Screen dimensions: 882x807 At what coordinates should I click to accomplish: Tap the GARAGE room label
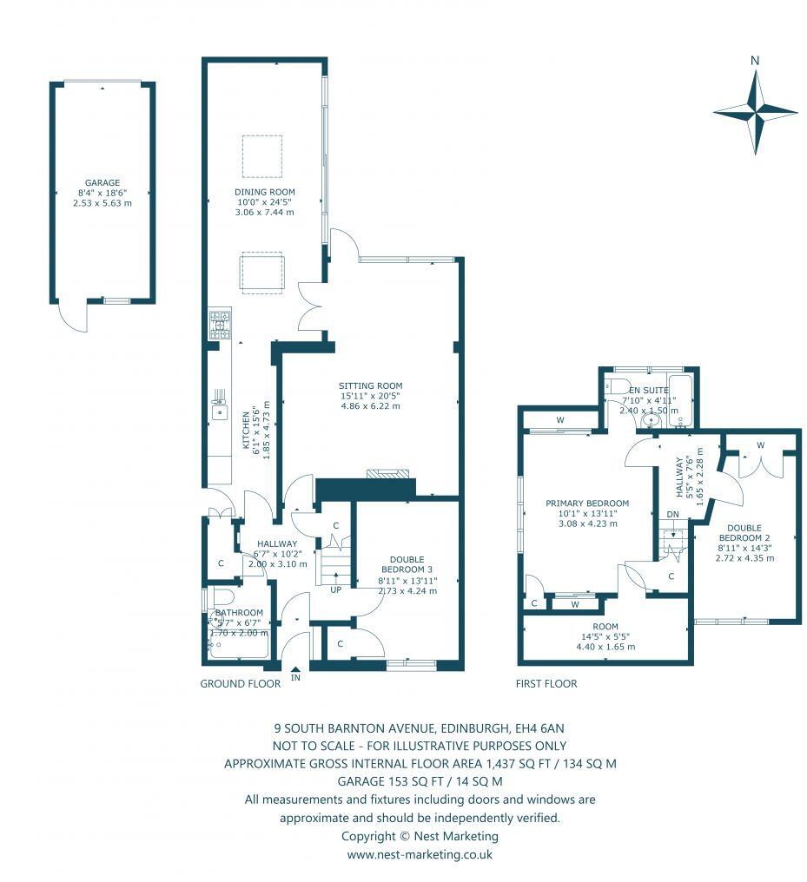coord(102,183)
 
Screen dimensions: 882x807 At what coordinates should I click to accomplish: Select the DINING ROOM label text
coord(265,192)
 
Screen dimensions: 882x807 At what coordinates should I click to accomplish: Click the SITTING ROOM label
coord(370,385)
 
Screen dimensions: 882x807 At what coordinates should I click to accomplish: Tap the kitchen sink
coord(219,412)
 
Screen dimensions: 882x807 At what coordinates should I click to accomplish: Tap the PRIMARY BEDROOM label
coord(587,503)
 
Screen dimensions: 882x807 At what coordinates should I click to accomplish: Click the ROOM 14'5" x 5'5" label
coord(605,627)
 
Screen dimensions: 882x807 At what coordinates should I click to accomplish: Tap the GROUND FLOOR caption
coord(240,683)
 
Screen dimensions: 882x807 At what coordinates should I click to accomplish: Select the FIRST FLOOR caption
coord(547,683)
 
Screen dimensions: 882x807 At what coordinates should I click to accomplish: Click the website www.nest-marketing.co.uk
coord(420,854)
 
